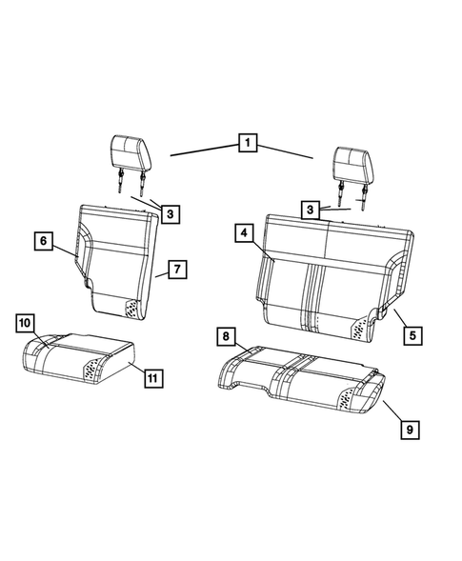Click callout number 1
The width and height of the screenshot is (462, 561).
tap(247, 145)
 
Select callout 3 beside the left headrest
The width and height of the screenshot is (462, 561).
tap(169, 215)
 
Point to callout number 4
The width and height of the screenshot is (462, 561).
tap(244, 233)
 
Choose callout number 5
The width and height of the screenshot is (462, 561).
tap(413, 335)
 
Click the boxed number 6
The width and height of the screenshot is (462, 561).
tap(44, 242)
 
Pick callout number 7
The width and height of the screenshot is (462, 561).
tap(176, 270)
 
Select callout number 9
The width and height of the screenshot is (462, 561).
tap(409, 431)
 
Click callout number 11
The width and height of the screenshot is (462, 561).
tap(151, 378)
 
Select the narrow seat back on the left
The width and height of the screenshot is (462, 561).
tap(119, 257)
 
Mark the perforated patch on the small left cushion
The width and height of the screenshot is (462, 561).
tap(94, 369)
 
